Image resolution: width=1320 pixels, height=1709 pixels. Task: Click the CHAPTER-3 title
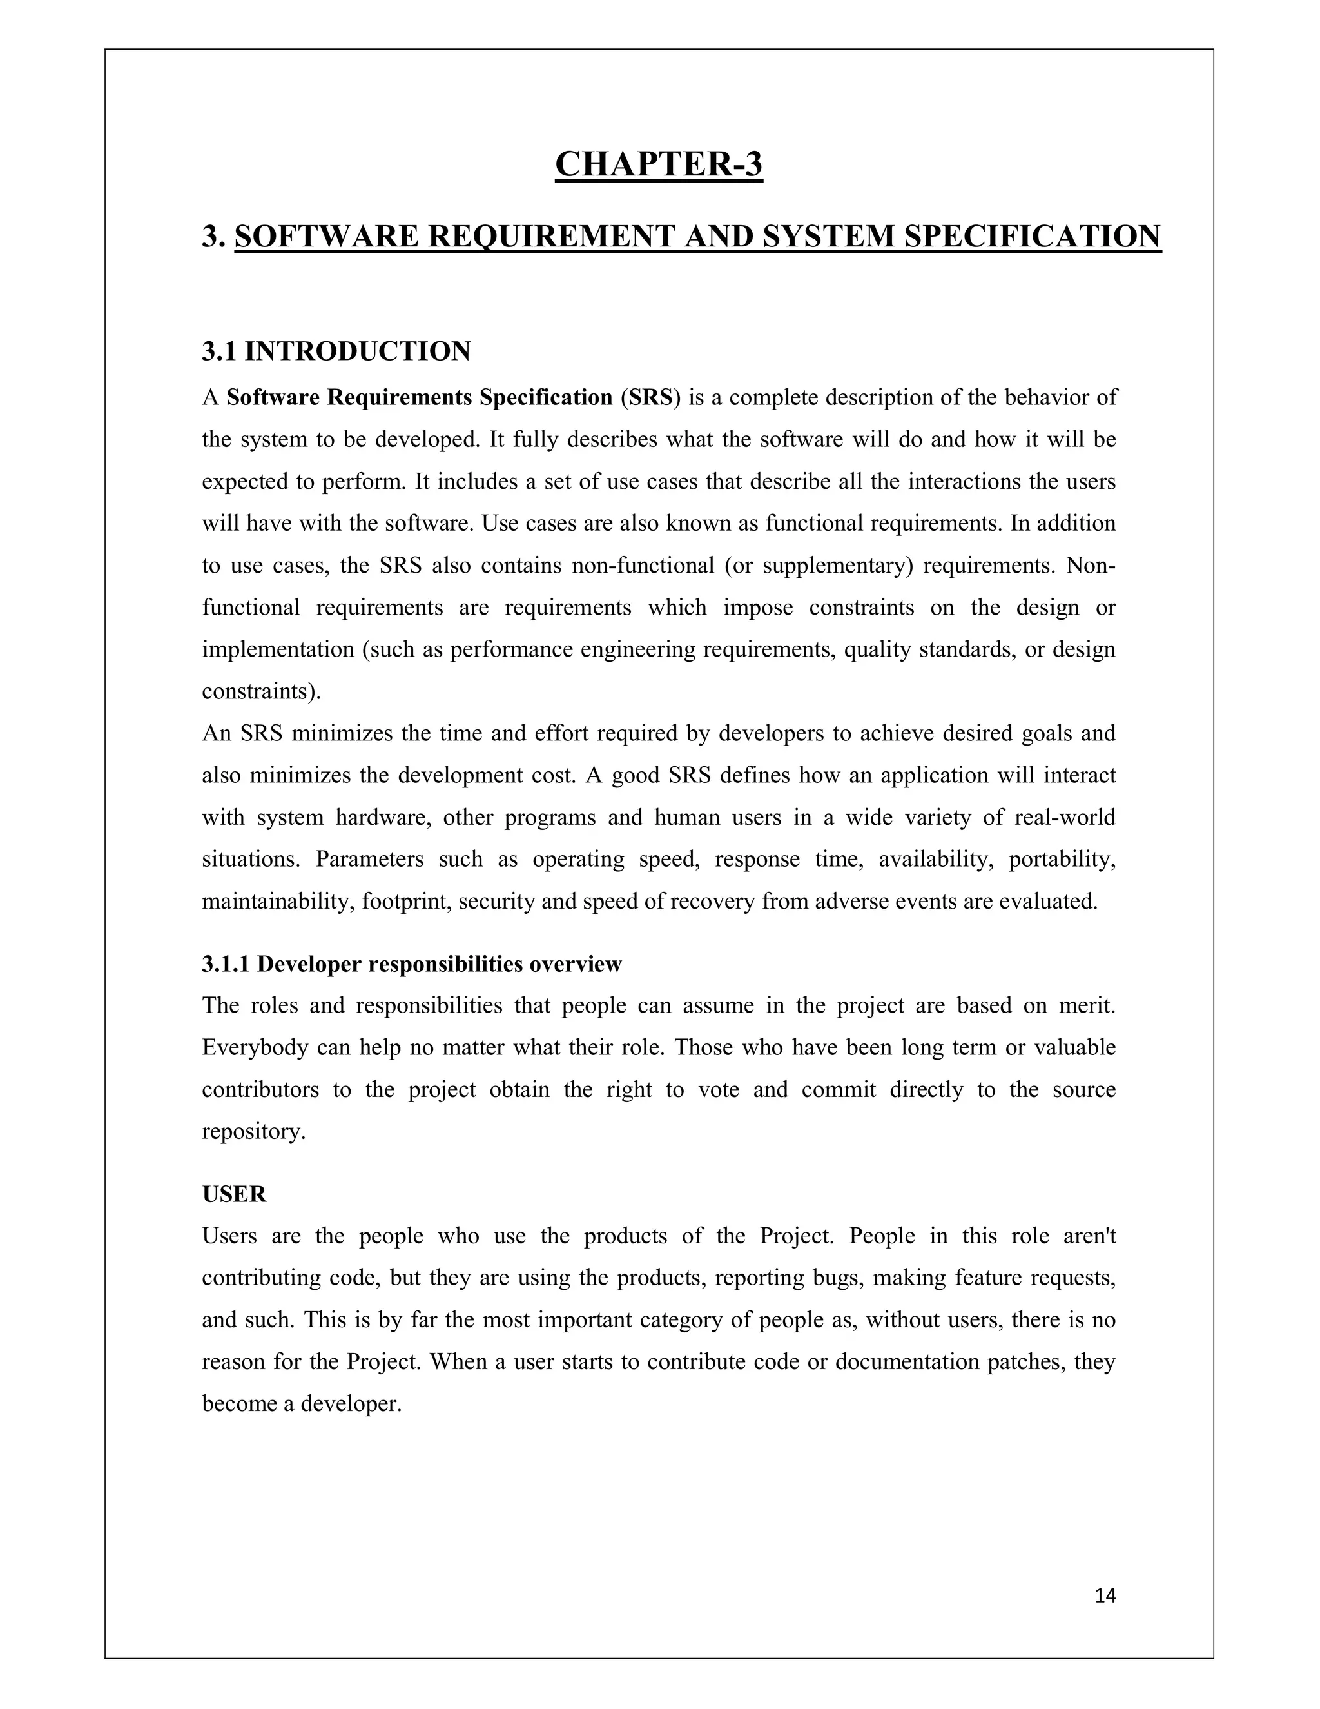coord(659,164)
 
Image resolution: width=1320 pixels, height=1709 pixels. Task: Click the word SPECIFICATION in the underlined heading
coord(1033,236)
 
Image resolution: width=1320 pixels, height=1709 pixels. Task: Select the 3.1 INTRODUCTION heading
coord(336,351)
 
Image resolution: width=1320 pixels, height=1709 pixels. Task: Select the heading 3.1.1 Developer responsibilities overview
coord(411,964)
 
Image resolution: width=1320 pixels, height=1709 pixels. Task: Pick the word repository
coord(253,1132)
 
